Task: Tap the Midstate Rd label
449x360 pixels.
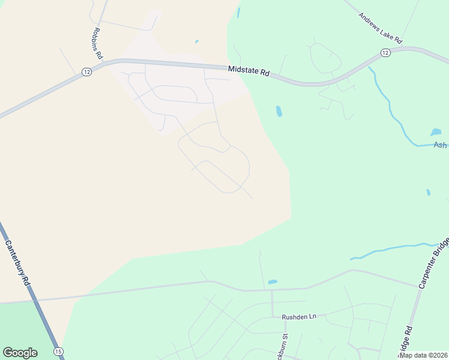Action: (249, 71)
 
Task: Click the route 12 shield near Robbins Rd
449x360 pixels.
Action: (87, 72)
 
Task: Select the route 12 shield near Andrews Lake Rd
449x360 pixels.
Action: (385, 54)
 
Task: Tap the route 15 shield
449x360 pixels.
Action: (58, 351)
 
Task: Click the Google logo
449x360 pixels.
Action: (20, 353)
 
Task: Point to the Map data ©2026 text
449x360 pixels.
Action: (423, 355)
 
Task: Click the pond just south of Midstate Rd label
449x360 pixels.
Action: (279, 111)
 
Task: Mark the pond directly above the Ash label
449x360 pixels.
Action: (436, 132)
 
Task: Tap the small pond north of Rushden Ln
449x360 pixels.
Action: (273, 281)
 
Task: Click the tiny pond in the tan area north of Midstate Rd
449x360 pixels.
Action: (196, 41)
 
